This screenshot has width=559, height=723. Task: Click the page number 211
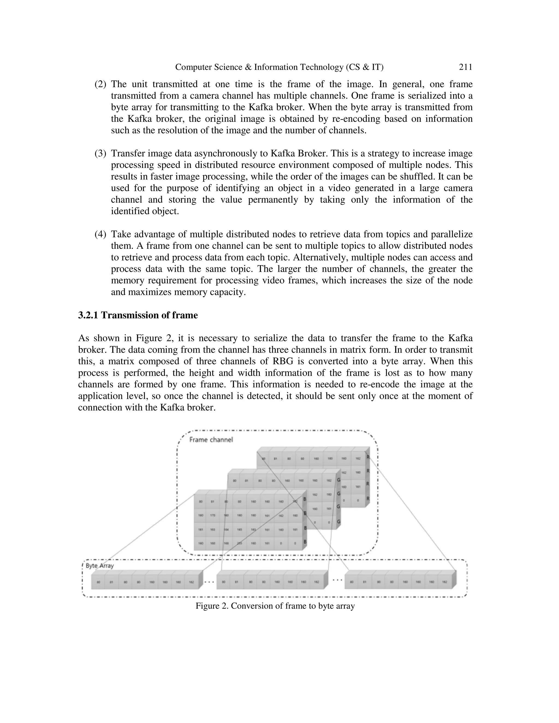[x=465, y=67]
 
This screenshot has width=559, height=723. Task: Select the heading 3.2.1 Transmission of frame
[x=138, y=315]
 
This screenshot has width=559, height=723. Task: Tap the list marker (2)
[x=100, y=84]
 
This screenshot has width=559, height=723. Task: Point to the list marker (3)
[x=100, y=154]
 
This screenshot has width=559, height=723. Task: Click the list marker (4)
[x=100, y=234]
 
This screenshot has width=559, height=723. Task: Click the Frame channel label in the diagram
[x=211, y=440]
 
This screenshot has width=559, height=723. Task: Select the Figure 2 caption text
[x=275, y=606]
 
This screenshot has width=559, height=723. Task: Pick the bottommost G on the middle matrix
[x=338, y=522]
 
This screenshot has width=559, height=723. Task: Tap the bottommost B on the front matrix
[x=305, y=542]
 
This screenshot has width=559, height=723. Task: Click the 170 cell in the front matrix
[x=213, y=515]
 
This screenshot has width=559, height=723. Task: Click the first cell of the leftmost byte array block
[x=98, y=582]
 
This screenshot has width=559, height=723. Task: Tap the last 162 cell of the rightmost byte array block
[x=444, y=582]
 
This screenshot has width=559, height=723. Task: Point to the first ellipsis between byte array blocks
[x=209, y=582]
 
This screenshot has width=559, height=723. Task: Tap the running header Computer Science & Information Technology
[x=279, y=67]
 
